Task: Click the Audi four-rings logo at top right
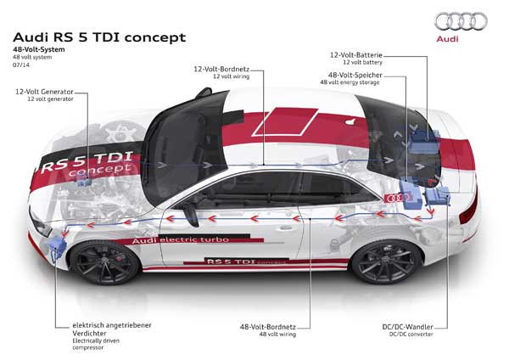pyautogui.click(x=461, y=21)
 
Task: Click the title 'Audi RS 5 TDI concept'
pyautogui.click(x=99, y=37)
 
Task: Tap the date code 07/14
pyautogui.click(x=21, y=65)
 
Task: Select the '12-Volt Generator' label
pyautogui.click(x=44, y=92)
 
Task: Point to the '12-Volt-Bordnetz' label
pyautogui.click(x=221, y=70)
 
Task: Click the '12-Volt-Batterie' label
pyautogui.click(x=356, y=55)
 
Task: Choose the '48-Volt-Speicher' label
pyautogui.click(x=355, y=75)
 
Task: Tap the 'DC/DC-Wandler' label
pyautogui.click(x=408, y=327)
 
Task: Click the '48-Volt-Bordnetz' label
pyautogui.click(x=268, y=327)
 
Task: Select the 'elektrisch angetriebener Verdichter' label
pyautogui.click(x=112, y=329)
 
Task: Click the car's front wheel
pyautogui.click(x=105, y=262)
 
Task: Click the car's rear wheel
pyautogui.click(x=386, y=261)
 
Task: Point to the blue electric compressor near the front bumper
pyautogui.click(x=56, y=247)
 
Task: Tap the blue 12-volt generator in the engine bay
pyautogui.click(x=84, y=183)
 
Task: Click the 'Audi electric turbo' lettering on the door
pyautogui.click(x=181, y=240)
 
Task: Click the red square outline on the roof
pyautogui.click(x=285, y=121)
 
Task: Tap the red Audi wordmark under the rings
pyautogui.click(x=447, y=39)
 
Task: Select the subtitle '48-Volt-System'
pyautogui.click(x=39, y=49)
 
